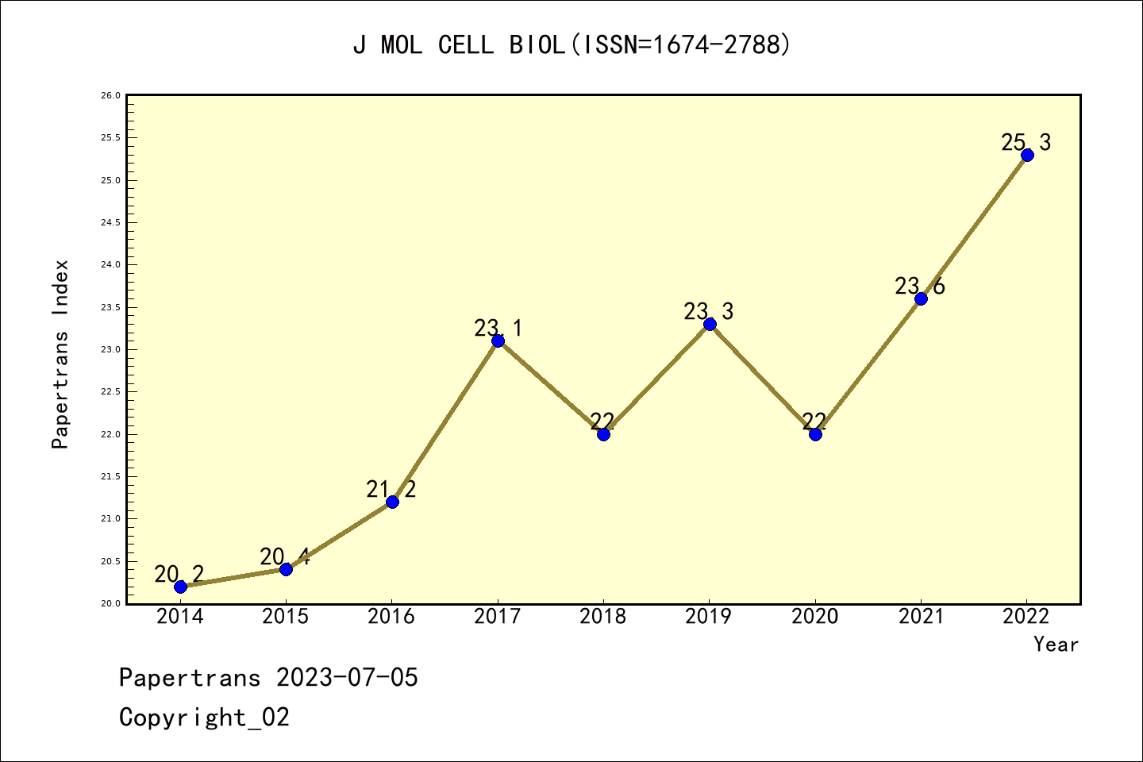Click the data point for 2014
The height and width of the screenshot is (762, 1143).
pos(180,587)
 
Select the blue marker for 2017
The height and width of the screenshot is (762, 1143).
pos(498,341)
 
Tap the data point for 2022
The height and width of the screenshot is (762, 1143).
pos(1027,155)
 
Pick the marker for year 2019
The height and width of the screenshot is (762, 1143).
pos(710,324)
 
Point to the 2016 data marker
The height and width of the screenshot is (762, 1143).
pos(392,502)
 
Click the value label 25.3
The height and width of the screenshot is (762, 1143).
pos(1026,143)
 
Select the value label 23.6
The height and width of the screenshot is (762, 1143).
pos(920,287)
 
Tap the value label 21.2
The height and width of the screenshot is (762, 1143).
pos(391,490)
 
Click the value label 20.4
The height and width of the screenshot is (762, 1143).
pos(284,557)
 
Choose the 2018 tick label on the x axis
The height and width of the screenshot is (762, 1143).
pos(603,617)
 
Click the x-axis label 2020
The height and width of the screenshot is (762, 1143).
pos(815,617)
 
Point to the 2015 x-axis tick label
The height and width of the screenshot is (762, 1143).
pos(286,617)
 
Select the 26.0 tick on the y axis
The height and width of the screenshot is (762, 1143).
pos(110,96)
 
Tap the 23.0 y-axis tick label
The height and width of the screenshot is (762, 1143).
pos(110,350)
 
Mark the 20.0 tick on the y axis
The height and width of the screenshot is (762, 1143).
pos(110,604)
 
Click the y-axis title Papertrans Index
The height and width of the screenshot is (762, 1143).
pos(60,354)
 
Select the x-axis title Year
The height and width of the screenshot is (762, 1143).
pos(1056,645)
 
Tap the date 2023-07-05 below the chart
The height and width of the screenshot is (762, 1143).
pos(347,678)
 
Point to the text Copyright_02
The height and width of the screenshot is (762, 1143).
pos(204,718)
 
